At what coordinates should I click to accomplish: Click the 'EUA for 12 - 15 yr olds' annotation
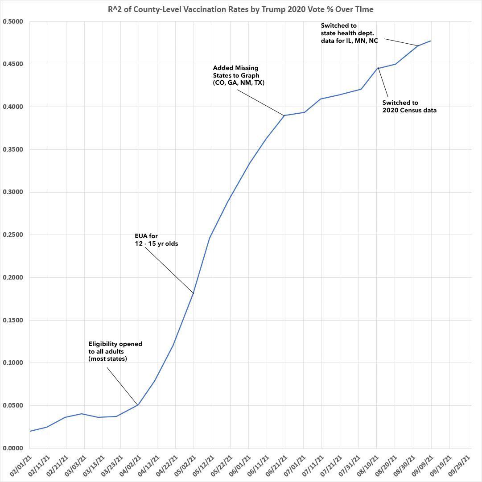click(x=156, y=239)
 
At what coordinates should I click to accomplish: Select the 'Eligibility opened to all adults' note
click(x=115, y=351)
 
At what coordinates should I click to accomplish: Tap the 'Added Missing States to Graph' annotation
click(x=239, y=75)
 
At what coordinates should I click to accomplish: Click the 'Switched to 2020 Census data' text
click(x=409, y=106)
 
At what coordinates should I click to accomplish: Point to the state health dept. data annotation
click(x=349, y=33)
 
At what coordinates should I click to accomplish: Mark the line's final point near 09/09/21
click(x=431, y=41)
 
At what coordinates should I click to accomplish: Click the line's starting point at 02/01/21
click(x=29, y=431)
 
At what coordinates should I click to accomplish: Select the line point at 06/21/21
click(x=285, y=115)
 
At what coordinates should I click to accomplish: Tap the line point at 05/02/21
click(x=194, y=293)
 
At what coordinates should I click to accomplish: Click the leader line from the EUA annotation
click(x=169, y=270)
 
